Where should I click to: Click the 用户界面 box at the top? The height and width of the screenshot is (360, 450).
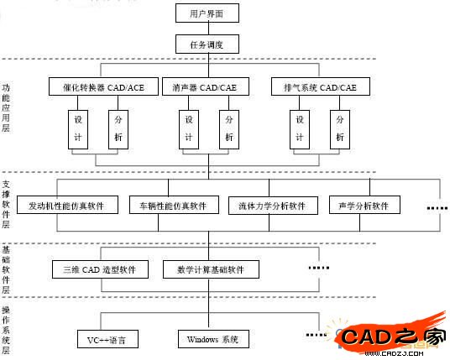pyautogui.click(x=207, y=13)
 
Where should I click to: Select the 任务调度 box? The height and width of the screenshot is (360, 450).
pyautogui.click(x=207, y=44)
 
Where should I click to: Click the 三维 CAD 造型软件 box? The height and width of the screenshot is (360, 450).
pyautogui.click(x=100, y=269)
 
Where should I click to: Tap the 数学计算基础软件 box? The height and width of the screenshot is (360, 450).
pyautogui.click(x=211, y=269)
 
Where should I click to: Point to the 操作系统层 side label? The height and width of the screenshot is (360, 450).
pyautogui.click(x=7, y=327)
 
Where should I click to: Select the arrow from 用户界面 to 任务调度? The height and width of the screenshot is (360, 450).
pyautogui.click(x=207, y=29)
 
